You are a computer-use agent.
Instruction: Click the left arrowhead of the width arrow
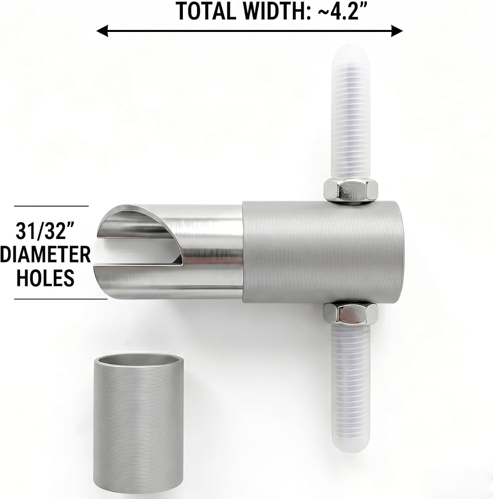[102, 31]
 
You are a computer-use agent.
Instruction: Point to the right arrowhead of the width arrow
[397, 31]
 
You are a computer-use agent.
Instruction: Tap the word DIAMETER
[45, 254]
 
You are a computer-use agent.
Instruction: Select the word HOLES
[45, 277]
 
